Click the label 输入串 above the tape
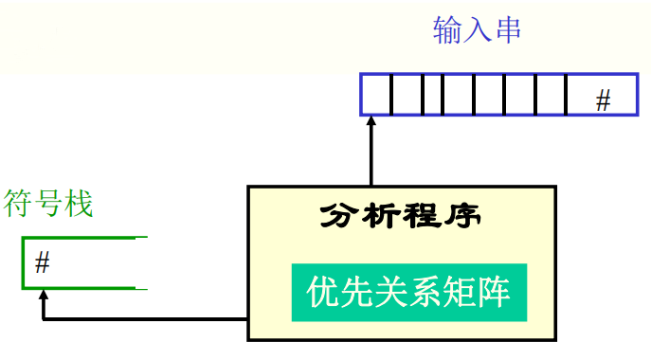coord(476,30)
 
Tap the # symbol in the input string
coord(603,100)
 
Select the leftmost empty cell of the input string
coord(376,95)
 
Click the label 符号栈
coord(49,203)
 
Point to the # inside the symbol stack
coord(42,263)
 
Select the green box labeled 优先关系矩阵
coord(408,291)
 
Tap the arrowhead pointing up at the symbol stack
coord(43,297)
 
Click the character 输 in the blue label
coord(447,30)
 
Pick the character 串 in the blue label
coord(506,30)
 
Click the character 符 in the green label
coord(19,203)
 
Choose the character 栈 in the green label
coord(79,203)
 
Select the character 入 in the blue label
coord(477,30)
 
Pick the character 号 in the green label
coord(49,203)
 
